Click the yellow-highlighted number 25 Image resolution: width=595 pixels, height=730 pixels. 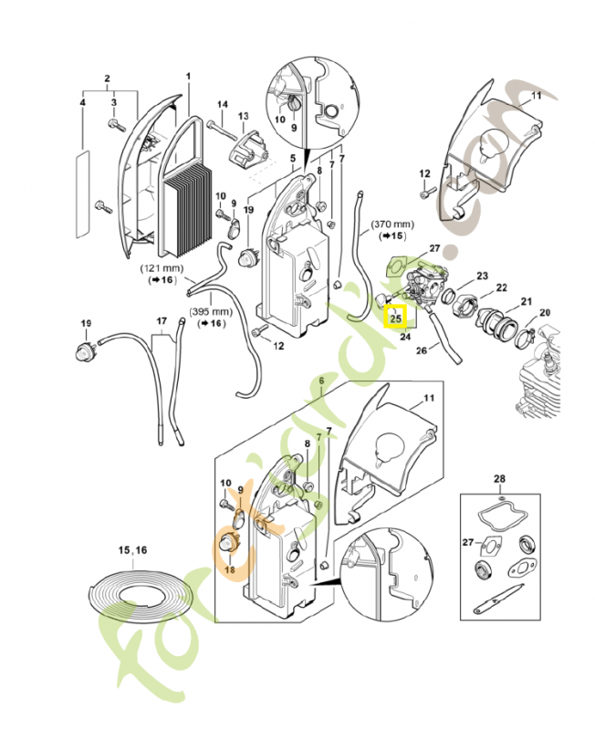click(x=396, y=318)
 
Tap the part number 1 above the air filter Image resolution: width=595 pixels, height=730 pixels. click(x=189, y=76)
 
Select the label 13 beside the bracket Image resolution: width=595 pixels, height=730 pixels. click(x=243, y=116)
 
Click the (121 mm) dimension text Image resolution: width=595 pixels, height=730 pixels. click(x=162, y=270)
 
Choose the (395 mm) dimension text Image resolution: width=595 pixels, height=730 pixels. click(x=209, y=312)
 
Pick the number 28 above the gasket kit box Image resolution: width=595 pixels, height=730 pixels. click(x=498, y=479)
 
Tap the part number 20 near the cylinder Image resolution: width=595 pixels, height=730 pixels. click(x=546, y=313)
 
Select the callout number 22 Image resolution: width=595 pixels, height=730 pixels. click(x=501, y=288)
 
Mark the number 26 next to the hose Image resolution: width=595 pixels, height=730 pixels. click(x=422, y=349)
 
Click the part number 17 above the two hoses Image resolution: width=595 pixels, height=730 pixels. click(x=162, y=320)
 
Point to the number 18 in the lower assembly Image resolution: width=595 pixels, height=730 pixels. click(x=229, y=569)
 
